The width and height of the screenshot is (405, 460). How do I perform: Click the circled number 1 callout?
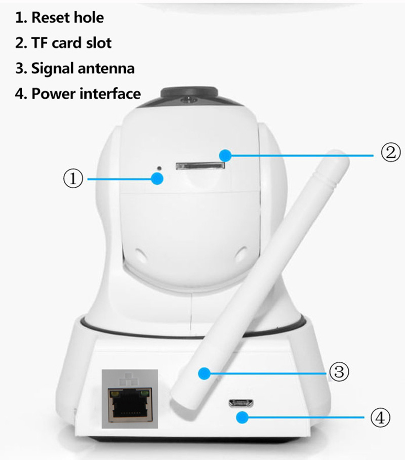point(72,179)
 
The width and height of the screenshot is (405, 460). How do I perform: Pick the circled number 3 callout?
point(339,372)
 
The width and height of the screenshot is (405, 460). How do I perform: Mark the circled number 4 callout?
point(380,417)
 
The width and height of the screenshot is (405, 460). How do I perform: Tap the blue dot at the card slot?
point(225,154)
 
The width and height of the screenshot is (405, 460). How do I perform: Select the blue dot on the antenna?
point(204,373)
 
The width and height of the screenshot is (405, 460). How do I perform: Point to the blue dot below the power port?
point(242,417)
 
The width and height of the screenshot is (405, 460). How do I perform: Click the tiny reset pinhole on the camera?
point(160,168)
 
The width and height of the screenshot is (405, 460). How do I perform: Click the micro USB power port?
point(241,403)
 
